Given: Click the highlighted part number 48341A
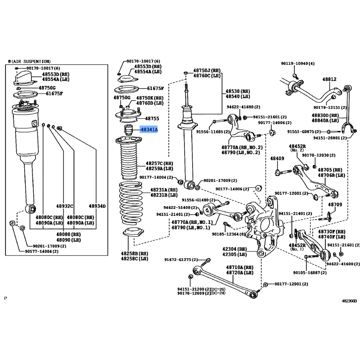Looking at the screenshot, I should [x=149, y=130].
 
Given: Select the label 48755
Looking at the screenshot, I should [x=151, y=119].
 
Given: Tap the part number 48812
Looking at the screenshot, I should [x=329, y=80].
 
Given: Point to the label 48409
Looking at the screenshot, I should [x=277, y=158].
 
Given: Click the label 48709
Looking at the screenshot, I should [x=334, y=205].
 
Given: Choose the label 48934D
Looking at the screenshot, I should [x=97, y=206].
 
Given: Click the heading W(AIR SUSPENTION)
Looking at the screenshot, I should [x=29, y=61].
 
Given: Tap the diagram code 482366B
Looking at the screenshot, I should [x=349, y=300].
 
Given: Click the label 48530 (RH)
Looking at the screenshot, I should [x=238, y=91].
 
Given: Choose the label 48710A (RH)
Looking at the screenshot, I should [x=240, y=267].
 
